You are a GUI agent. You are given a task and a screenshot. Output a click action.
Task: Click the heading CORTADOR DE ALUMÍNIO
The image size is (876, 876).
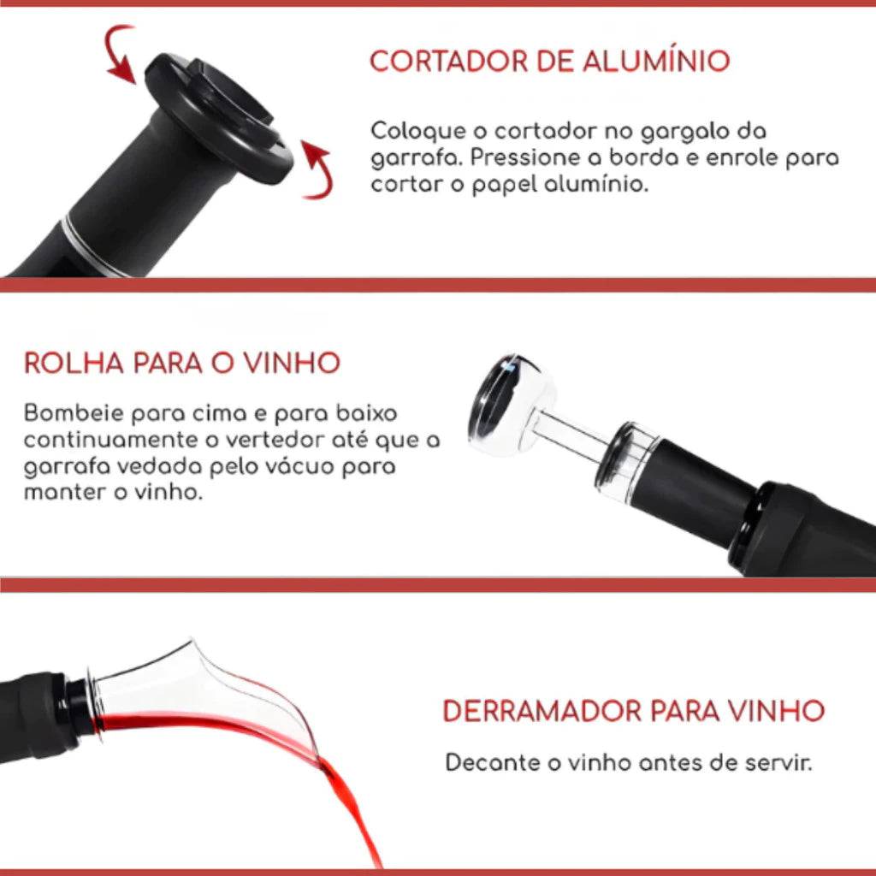[x=549, y=62]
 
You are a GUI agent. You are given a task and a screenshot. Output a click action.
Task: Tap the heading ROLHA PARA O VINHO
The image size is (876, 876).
[x=181, y=363]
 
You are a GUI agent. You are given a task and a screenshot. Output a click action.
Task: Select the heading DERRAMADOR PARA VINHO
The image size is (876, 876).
[x=633, y=711]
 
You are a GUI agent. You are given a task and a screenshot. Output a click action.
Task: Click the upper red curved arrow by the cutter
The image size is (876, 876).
[x=121, y=53]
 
